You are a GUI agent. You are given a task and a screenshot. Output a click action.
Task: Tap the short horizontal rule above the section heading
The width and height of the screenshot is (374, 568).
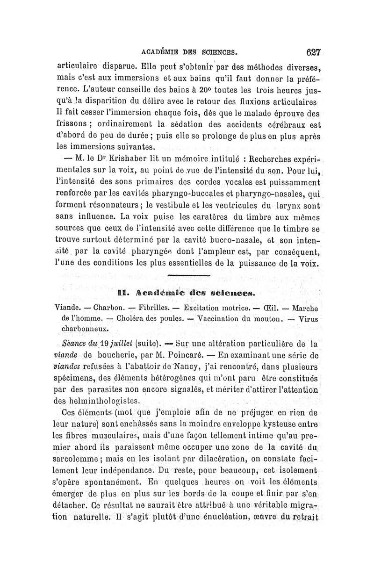(188, 277)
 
